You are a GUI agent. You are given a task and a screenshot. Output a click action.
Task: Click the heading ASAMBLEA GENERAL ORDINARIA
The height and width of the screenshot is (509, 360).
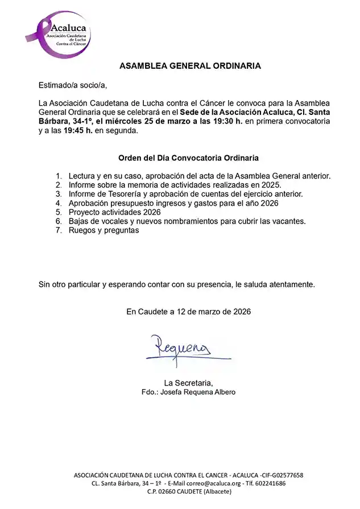[190, 66]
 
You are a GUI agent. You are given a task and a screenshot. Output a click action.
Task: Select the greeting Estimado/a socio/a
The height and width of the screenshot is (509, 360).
[72, 85]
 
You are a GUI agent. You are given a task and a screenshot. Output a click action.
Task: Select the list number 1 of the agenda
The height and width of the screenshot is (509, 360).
[59, 176]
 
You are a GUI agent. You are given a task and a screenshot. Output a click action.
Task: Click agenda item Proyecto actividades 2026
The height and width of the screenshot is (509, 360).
[114, 212]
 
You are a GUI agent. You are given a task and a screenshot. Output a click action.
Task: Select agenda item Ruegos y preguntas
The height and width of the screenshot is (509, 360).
[104, 230]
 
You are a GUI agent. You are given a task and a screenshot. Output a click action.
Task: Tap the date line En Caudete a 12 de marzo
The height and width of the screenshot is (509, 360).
[188, 311]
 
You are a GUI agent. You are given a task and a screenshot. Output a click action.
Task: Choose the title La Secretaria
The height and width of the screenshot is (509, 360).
[188, 382]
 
